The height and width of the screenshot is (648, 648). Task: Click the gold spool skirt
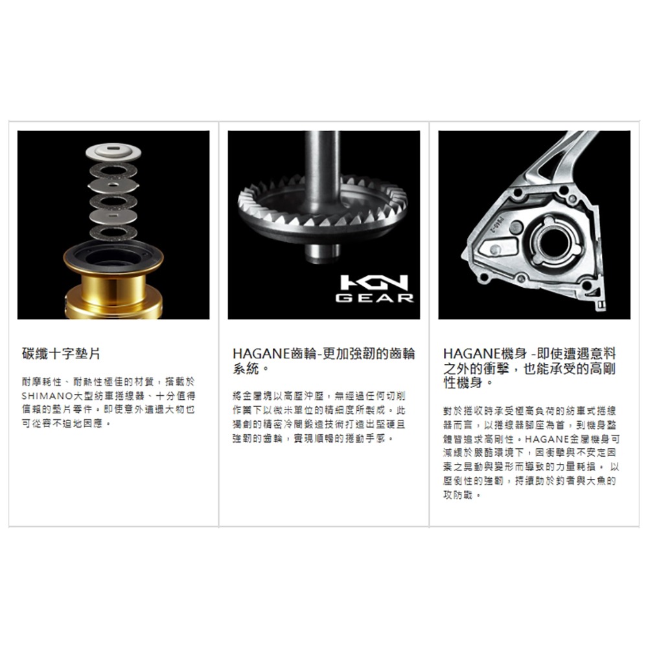pos(113,295)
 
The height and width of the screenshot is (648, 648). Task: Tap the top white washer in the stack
pos(113,154)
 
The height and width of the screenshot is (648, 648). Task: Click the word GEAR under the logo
pos(376,299)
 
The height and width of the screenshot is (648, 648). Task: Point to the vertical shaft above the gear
pos(322,162)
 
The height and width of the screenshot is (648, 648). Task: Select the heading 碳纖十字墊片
pos(61,355)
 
